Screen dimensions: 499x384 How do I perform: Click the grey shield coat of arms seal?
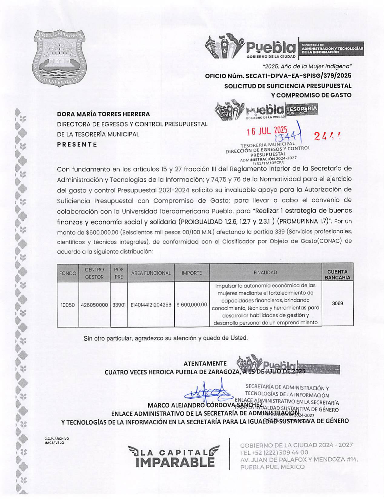click(59, 58)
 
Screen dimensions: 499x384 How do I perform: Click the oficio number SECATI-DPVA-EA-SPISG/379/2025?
click(278, 76)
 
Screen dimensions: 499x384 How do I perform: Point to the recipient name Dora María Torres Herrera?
click(103, 114)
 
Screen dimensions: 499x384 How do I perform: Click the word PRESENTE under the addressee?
click(77, 144)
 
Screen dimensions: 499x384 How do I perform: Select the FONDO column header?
click(68, 273)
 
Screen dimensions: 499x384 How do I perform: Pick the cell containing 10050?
click(68, 305)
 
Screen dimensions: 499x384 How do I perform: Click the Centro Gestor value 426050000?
click(94, 305)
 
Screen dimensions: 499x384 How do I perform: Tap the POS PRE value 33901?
click(119, 305)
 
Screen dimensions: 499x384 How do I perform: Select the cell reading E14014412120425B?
click(151, 305)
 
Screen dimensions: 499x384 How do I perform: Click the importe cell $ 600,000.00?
click(192, 305)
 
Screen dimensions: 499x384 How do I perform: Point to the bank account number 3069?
click(337, 303)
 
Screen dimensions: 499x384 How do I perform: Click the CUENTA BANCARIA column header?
click(337, 274)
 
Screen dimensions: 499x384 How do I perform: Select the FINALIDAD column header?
click(265, 273)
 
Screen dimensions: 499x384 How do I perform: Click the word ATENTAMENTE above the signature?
click(205, 363)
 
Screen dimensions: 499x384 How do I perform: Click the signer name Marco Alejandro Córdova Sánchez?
click(205, 405)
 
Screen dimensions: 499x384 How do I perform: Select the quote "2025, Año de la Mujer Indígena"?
click(307, 66)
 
